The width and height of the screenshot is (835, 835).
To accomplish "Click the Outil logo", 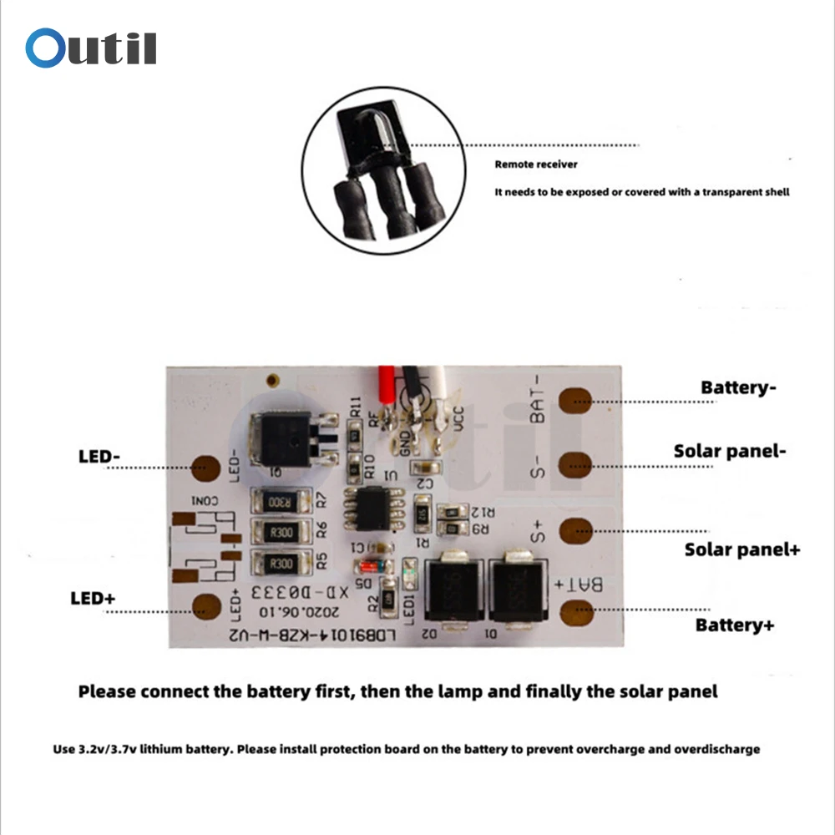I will coord(91,48).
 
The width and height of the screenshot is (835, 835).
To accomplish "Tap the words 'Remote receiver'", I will coord(535,164).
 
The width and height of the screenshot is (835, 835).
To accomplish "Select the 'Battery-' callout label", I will coord(739,387).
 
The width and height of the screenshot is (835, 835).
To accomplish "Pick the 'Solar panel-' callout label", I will coord(730,451).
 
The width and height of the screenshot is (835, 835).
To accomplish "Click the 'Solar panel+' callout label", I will coord(742,549).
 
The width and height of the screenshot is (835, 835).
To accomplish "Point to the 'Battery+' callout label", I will coord(735,625).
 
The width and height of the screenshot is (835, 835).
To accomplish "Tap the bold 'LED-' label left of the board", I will coord(100,457).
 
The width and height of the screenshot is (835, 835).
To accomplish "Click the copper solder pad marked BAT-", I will coord(574,402).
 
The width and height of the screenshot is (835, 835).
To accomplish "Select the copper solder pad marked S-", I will coord(574,465).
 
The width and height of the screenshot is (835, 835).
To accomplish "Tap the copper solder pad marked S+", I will coord(574,530).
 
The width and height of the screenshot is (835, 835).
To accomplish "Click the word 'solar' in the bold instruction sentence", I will coord(651,691).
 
